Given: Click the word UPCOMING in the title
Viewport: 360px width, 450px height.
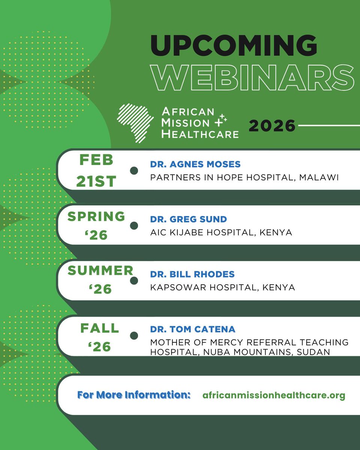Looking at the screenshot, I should coord(234,46).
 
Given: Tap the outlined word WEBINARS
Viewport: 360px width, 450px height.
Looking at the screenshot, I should coord(252,78).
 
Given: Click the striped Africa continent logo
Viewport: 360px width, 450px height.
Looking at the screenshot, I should coord(135,123).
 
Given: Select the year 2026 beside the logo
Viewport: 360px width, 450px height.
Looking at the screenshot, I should coord(272,126).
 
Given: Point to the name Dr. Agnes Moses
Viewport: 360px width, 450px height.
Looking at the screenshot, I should coord(195,164).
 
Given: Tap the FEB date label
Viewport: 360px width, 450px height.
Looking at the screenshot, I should coord(96,160).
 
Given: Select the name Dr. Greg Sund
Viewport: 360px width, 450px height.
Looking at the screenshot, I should coord(188,219).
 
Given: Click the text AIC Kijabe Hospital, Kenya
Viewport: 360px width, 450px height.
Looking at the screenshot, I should coord(221,232).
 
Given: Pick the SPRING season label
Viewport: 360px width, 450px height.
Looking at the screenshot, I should coord(96,216).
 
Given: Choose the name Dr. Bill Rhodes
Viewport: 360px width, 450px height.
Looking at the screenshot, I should coord(192,274).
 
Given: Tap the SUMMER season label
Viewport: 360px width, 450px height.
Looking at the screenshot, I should coord(100,271).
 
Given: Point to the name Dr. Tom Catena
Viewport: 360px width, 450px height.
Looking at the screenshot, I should coord(193,329).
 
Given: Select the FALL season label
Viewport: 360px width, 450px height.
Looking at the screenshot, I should coord(99,328).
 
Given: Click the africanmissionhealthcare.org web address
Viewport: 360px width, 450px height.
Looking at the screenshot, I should coord(273,395).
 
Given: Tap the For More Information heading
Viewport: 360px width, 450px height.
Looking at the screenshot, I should coord(134,395).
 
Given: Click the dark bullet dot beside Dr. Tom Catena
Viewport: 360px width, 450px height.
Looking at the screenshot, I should coord(133,336).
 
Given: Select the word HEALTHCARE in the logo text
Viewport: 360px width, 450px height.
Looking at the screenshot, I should coord(200,133).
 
